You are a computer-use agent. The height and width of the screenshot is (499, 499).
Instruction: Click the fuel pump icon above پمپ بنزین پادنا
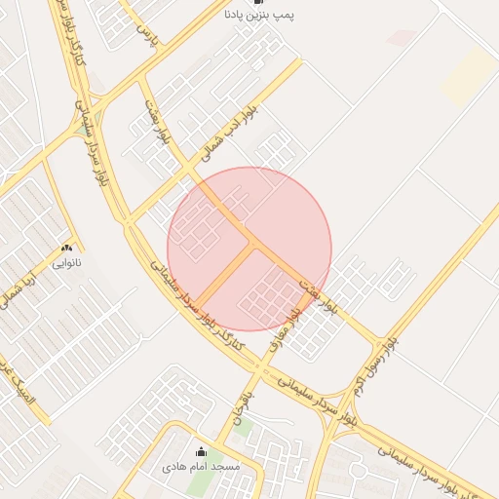[x=257, y=3]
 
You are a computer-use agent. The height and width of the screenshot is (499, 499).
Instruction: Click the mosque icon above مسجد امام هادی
[x=202, y=451]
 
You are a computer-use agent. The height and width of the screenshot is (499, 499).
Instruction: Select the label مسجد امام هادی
[x=202, y=467]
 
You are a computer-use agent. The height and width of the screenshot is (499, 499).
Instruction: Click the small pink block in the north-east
[x=401, y=37]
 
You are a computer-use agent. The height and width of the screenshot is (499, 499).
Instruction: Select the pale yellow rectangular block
[x=468, y=78]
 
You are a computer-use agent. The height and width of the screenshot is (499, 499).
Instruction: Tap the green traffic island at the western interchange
[x=81, y=131]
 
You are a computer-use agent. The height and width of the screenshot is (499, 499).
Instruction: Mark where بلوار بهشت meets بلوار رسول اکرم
[x=378, y=342]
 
